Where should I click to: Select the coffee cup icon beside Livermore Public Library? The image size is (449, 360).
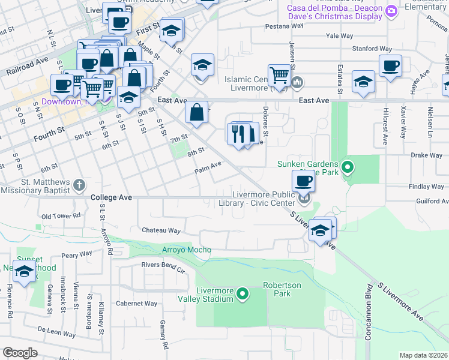click(304, 181)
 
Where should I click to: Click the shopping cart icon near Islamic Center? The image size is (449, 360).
click(279, 76)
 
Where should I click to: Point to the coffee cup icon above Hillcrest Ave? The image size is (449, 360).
click(390, 66)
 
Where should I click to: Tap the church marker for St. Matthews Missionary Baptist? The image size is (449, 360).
click(79, 184)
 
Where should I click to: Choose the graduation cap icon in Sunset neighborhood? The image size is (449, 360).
click(25, 272)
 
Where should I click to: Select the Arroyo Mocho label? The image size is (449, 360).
click(187, 250)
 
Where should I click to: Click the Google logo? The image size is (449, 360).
click(20, 353)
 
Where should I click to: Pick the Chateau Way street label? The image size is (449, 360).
click(161, 230)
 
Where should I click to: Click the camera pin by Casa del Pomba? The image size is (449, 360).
click(391, 11)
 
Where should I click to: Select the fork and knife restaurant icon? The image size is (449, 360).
click(238, 134)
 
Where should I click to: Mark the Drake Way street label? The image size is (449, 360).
click(426, 155)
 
